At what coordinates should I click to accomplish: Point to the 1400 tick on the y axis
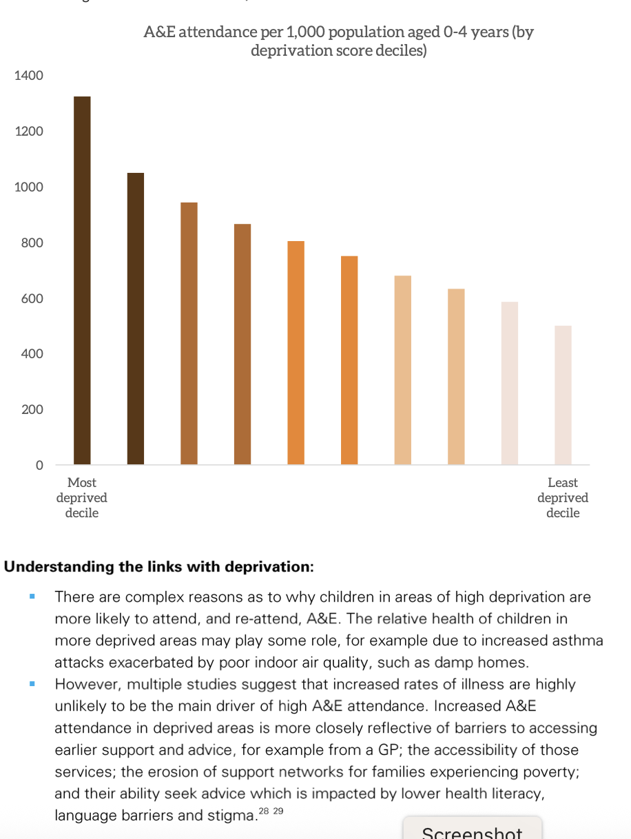[x=28, y=76]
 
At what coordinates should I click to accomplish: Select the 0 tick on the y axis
[x=39, y=466]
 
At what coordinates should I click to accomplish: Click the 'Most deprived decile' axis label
[x=82, y=498]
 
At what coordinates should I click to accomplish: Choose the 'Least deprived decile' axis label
[x=563, y=498]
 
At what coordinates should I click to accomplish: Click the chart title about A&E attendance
[x=338, y=41]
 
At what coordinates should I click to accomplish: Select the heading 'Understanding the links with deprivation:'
[x=159, y=567]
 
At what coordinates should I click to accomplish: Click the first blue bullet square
[x=32, y=597]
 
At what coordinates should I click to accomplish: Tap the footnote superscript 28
[x=265, y=811]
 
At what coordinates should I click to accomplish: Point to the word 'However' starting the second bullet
[x=84, y=685]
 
